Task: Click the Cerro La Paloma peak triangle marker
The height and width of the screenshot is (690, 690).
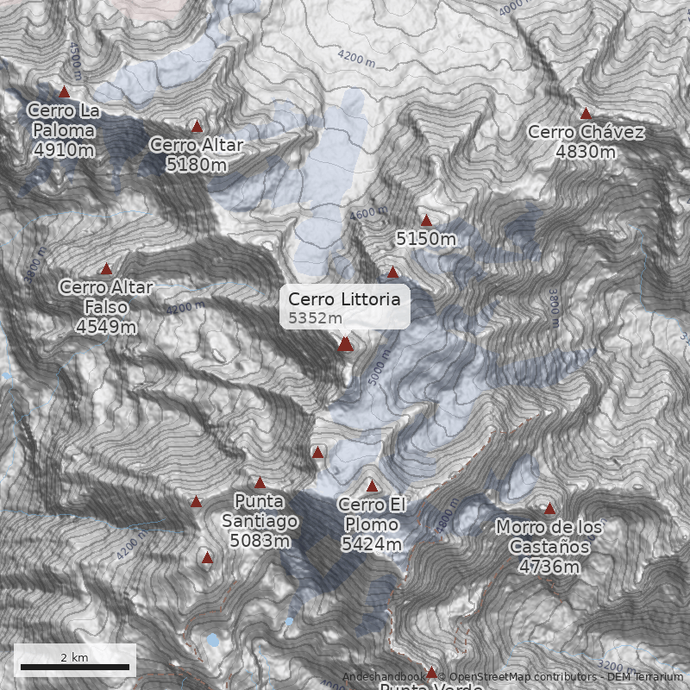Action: (63, 91)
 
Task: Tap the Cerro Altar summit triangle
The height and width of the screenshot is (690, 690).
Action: (197, 126)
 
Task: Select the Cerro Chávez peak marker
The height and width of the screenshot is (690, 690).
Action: (586, 113)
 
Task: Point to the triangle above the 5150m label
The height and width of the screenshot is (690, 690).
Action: (426, 221)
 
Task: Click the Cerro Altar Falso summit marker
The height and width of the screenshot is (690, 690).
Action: (106, 269)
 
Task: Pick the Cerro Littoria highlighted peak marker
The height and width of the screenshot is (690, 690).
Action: (346, 344)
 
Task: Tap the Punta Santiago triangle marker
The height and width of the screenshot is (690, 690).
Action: (260, 483)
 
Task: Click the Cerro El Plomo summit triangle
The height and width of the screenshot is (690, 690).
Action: (372, 486)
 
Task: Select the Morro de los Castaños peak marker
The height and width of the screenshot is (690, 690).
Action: (549, 508)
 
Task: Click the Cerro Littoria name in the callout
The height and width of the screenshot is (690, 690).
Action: (344, 299)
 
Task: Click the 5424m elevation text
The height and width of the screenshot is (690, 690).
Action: (372, 544)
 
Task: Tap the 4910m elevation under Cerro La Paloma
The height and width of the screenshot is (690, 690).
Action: (64, 150)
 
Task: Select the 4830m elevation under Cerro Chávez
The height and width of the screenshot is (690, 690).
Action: (586, 152)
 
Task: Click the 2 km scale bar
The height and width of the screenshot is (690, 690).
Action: (74, 667)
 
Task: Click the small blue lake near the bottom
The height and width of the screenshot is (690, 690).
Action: (212, 640)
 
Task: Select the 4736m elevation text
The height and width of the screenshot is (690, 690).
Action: (549, 567)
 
